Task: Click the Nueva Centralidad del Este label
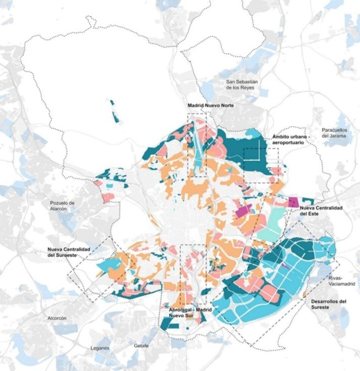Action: (321, 211)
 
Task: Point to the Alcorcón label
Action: (57, 318)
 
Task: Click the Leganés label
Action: (100, 348)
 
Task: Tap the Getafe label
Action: (142, 346)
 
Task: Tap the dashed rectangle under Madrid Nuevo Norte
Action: (197, 145)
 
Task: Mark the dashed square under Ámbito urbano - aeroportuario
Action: (261, 165)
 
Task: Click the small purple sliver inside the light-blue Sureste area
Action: (286, 266)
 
